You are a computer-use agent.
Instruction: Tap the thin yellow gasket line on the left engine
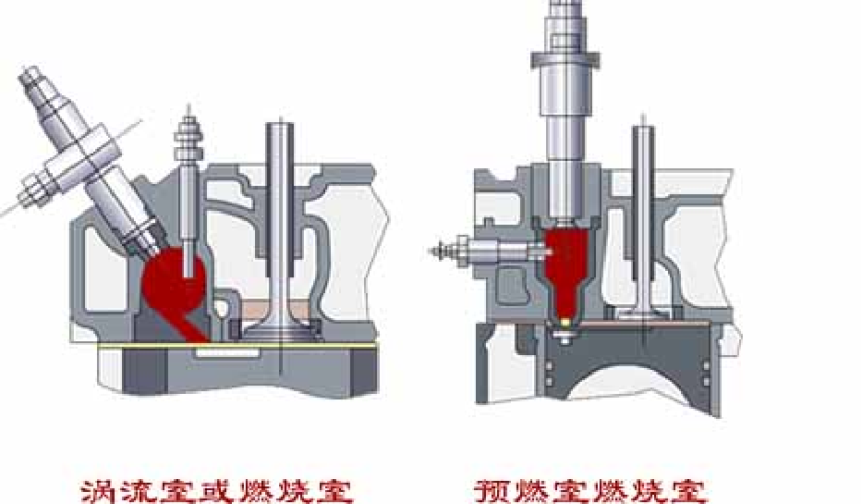click(231, 346)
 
